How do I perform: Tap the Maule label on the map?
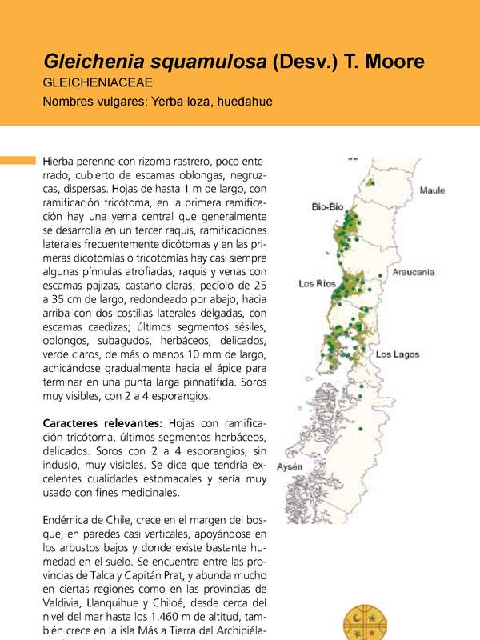click(x=432, y=190)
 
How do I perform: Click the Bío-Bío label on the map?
click(x=328, y=207)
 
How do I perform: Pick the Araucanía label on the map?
click(x=414, y=273)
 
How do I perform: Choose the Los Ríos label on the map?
click(x=317, y=284)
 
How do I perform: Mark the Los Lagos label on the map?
click(x=398, y=354)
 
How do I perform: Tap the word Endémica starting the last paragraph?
click(x=70, y=518)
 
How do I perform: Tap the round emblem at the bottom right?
click(x=370, y=623)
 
